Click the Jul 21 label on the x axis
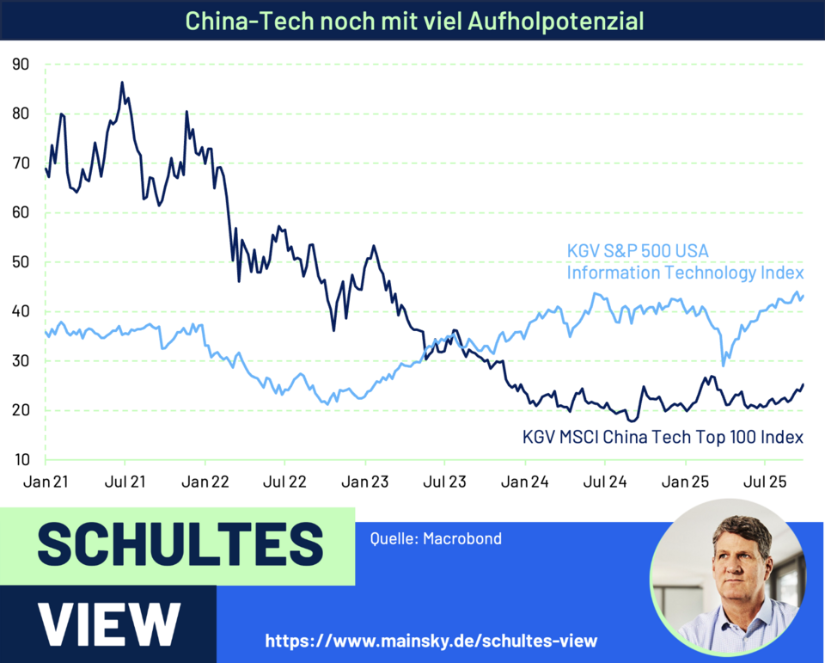click(125, 480)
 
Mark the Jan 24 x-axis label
click(526, 480)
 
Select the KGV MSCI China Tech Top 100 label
click(663, 437)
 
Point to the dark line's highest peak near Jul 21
click(122, 83)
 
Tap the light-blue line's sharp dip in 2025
click(724, 365)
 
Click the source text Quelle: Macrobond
click(436, 539)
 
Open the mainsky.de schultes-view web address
click(431, 641)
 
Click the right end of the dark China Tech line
click(804, 384)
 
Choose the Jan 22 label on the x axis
click(205, 480)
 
